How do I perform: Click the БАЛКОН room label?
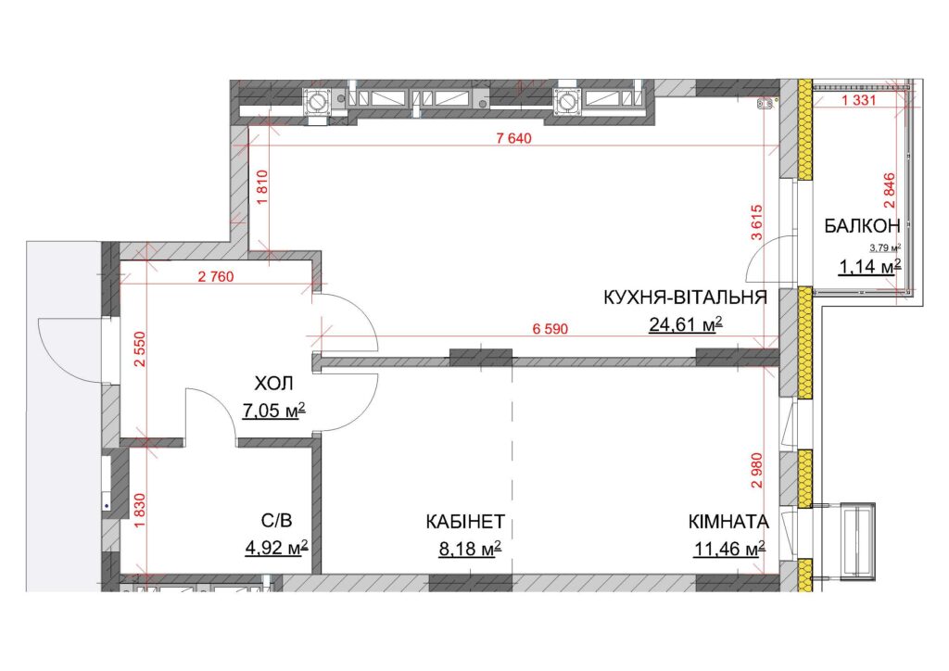coord(863,226)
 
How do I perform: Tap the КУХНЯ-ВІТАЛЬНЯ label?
coord(685,298)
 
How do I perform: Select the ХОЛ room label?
coord(273,383)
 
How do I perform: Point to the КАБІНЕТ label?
coord(465,522)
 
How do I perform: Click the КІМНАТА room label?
coord(728,522)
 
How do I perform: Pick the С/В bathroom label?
coord(276,520)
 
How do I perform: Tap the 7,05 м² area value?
coord(273,411)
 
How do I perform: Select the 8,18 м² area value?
coord(470,549)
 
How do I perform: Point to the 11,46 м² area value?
coord(729,549)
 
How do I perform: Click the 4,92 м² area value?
coord(276,548)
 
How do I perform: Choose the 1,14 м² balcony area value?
coord(870,266)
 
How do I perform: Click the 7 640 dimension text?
coord(513,139)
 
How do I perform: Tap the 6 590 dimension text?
coord(550,329)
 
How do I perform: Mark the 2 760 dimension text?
coord(216,277)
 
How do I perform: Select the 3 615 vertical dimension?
coord(757,223)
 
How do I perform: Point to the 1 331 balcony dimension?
coord(858,100)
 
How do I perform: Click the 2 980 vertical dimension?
coord(757,471)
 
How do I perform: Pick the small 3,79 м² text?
coord(885,247)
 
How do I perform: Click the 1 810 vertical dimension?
coord(262,189)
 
